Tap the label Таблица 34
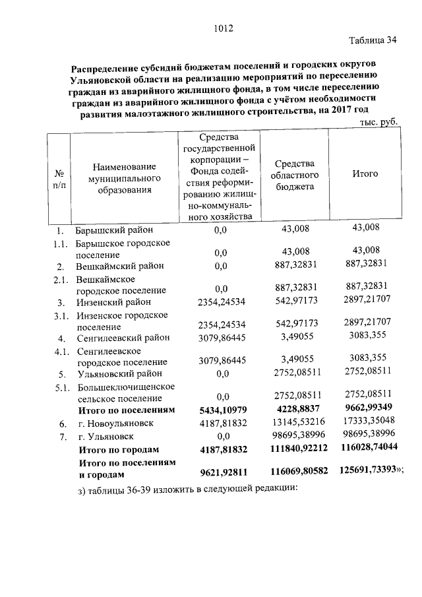pyautogui.click(x=373, y=40)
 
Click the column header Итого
pyautogui.click(x=365, y=174)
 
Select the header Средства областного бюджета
pyautogui.click(x=296, y=175)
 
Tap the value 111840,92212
pyautogui.click(x=297, y=449)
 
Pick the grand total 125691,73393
pyautogui.click(x=367, y=472)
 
